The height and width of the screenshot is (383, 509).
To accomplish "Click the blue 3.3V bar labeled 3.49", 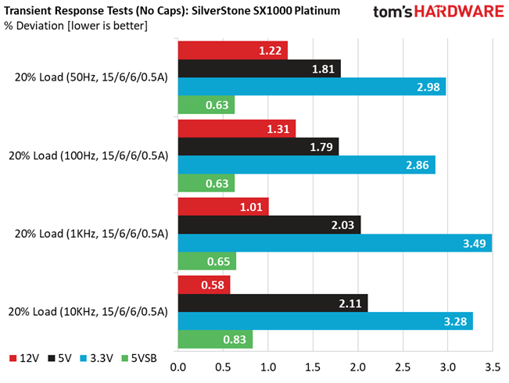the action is pyautogui.click(x=335, y=243).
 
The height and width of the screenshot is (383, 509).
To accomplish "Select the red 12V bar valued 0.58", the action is pyautogui.click(x=204, y=285).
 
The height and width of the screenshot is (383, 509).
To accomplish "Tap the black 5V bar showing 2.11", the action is pyautogui.click(x=273, y=303).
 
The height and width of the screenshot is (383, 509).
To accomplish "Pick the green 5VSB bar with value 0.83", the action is pyautogui.click(x=216, y=339).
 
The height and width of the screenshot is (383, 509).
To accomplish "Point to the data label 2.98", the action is pyautogui.click(x=428, y=87).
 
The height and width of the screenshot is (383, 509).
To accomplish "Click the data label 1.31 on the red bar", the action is pyautogui.click(x=278, y=129).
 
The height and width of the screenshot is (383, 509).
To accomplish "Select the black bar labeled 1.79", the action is pyautogui.click(x=258, y=147).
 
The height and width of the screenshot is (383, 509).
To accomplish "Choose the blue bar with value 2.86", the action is pyautogui.click(x=306, y=165).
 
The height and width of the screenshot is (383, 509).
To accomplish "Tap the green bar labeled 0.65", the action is pyautogui.click(x=207, y=261).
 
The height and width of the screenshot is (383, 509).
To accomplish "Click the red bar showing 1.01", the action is pyautogui.click(x=224, y=207).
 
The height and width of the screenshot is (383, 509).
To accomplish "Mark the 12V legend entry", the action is pyautogui.click(x=24, y=358).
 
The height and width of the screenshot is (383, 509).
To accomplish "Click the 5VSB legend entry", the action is pyautogui.click(x=139, y=358).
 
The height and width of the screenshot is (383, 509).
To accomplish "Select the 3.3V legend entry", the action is pyautogui.click(x=97, y=358).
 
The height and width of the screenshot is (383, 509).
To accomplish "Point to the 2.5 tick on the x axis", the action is pyautogui.click(x=403, y=367).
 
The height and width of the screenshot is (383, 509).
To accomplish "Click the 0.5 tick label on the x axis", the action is pyautogui.click(x=223, y=367).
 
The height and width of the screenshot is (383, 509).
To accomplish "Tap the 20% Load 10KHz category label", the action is pyautogui.click(x=88, y=312).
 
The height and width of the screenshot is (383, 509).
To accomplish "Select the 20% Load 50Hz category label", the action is pyautogui.click(x=91, y=77).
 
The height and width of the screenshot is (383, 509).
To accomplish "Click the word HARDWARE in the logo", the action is pyautogui.click(x=459, y=12).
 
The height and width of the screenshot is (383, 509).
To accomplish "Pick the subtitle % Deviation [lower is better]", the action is pyautogui.click(x=76, y=26).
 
